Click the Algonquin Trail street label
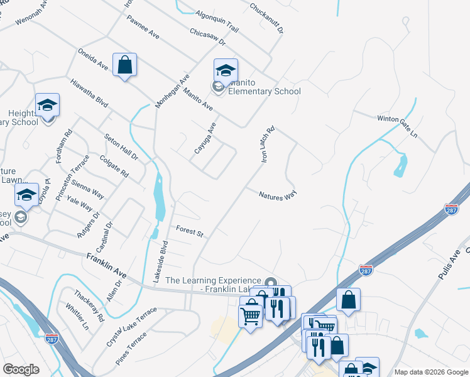coord(217,21)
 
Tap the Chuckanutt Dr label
coord(266,18)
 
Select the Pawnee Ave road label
coord(143,28)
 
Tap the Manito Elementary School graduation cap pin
coord(226,70)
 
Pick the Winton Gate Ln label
coord(397,126)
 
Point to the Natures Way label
coord(277,195)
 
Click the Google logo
coord(21,369)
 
